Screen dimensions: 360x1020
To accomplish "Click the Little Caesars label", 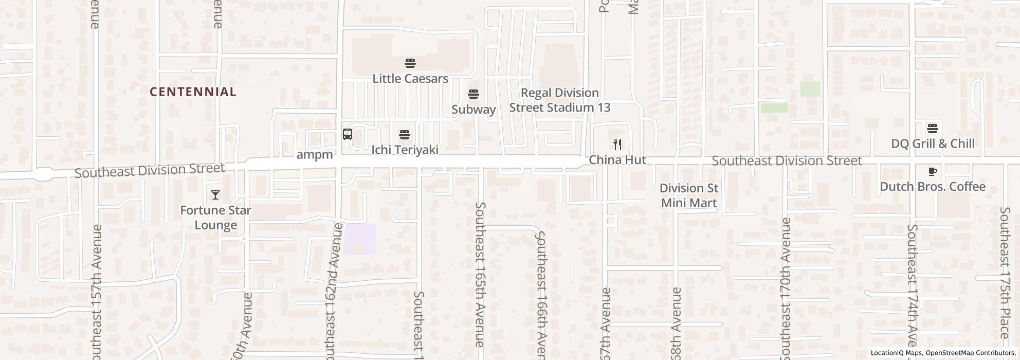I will (x=410, y=79).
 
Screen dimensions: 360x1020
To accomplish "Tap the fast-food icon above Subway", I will (x=473, y=94).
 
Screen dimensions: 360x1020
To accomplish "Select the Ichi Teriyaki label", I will (x=405, y=150).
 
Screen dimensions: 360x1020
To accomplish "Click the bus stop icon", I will (x=348, y=134).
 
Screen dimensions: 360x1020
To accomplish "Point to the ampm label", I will (x=315, y=154).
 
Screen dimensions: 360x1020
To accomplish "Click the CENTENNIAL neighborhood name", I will (x=193, y=92).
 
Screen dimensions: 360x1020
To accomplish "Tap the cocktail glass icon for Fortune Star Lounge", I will (x=215, y=195).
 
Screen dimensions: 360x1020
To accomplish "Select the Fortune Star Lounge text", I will (x=215, y=218).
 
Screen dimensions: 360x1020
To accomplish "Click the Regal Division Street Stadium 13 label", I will (x=560, y=100).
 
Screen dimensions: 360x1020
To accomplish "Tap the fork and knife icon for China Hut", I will (x=617, y=145).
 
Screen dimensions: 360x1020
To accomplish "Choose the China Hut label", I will (x=617, y=160).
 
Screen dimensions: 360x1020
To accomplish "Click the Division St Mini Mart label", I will (x=688, y=195).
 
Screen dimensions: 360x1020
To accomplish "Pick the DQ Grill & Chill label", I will (x=933, y=143).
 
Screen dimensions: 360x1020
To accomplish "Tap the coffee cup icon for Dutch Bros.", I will (x=933, y=171).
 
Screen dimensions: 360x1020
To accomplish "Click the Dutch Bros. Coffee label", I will (x=933, y=187).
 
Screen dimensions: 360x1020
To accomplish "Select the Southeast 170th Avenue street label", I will (x=786, y=288).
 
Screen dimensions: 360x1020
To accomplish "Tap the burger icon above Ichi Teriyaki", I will (x=405, y=135).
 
